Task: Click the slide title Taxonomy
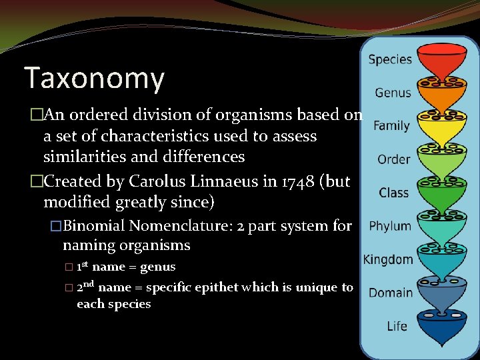pos(94,78)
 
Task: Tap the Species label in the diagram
pos(390,59)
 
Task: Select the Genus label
pos(393,93)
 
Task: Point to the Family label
pos(391,125)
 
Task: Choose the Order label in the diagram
pos(393,159)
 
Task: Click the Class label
pos(393,193)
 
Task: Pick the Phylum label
pos(390,226)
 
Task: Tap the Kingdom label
pos(387,259)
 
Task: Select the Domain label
pos(391,293)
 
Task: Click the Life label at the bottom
pos(397,326)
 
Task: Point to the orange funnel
pos(441,95)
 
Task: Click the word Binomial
pos(97,226)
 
